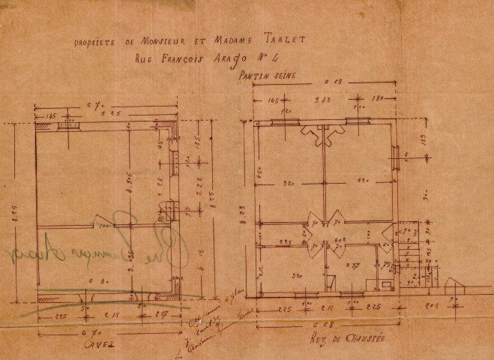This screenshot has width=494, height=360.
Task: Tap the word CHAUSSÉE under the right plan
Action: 362,339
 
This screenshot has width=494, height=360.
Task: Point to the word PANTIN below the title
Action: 253,76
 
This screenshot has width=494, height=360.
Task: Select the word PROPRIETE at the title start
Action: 92,42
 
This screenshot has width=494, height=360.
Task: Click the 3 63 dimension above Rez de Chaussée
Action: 325,99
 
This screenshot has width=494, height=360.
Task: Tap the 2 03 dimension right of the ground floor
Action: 434,307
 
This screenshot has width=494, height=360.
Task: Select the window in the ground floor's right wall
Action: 394,158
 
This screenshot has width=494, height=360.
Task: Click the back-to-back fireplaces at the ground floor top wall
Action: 323,134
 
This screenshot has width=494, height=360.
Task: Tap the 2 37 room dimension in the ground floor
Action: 352,265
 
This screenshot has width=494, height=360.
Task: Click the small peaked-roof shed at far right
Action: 455,286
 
